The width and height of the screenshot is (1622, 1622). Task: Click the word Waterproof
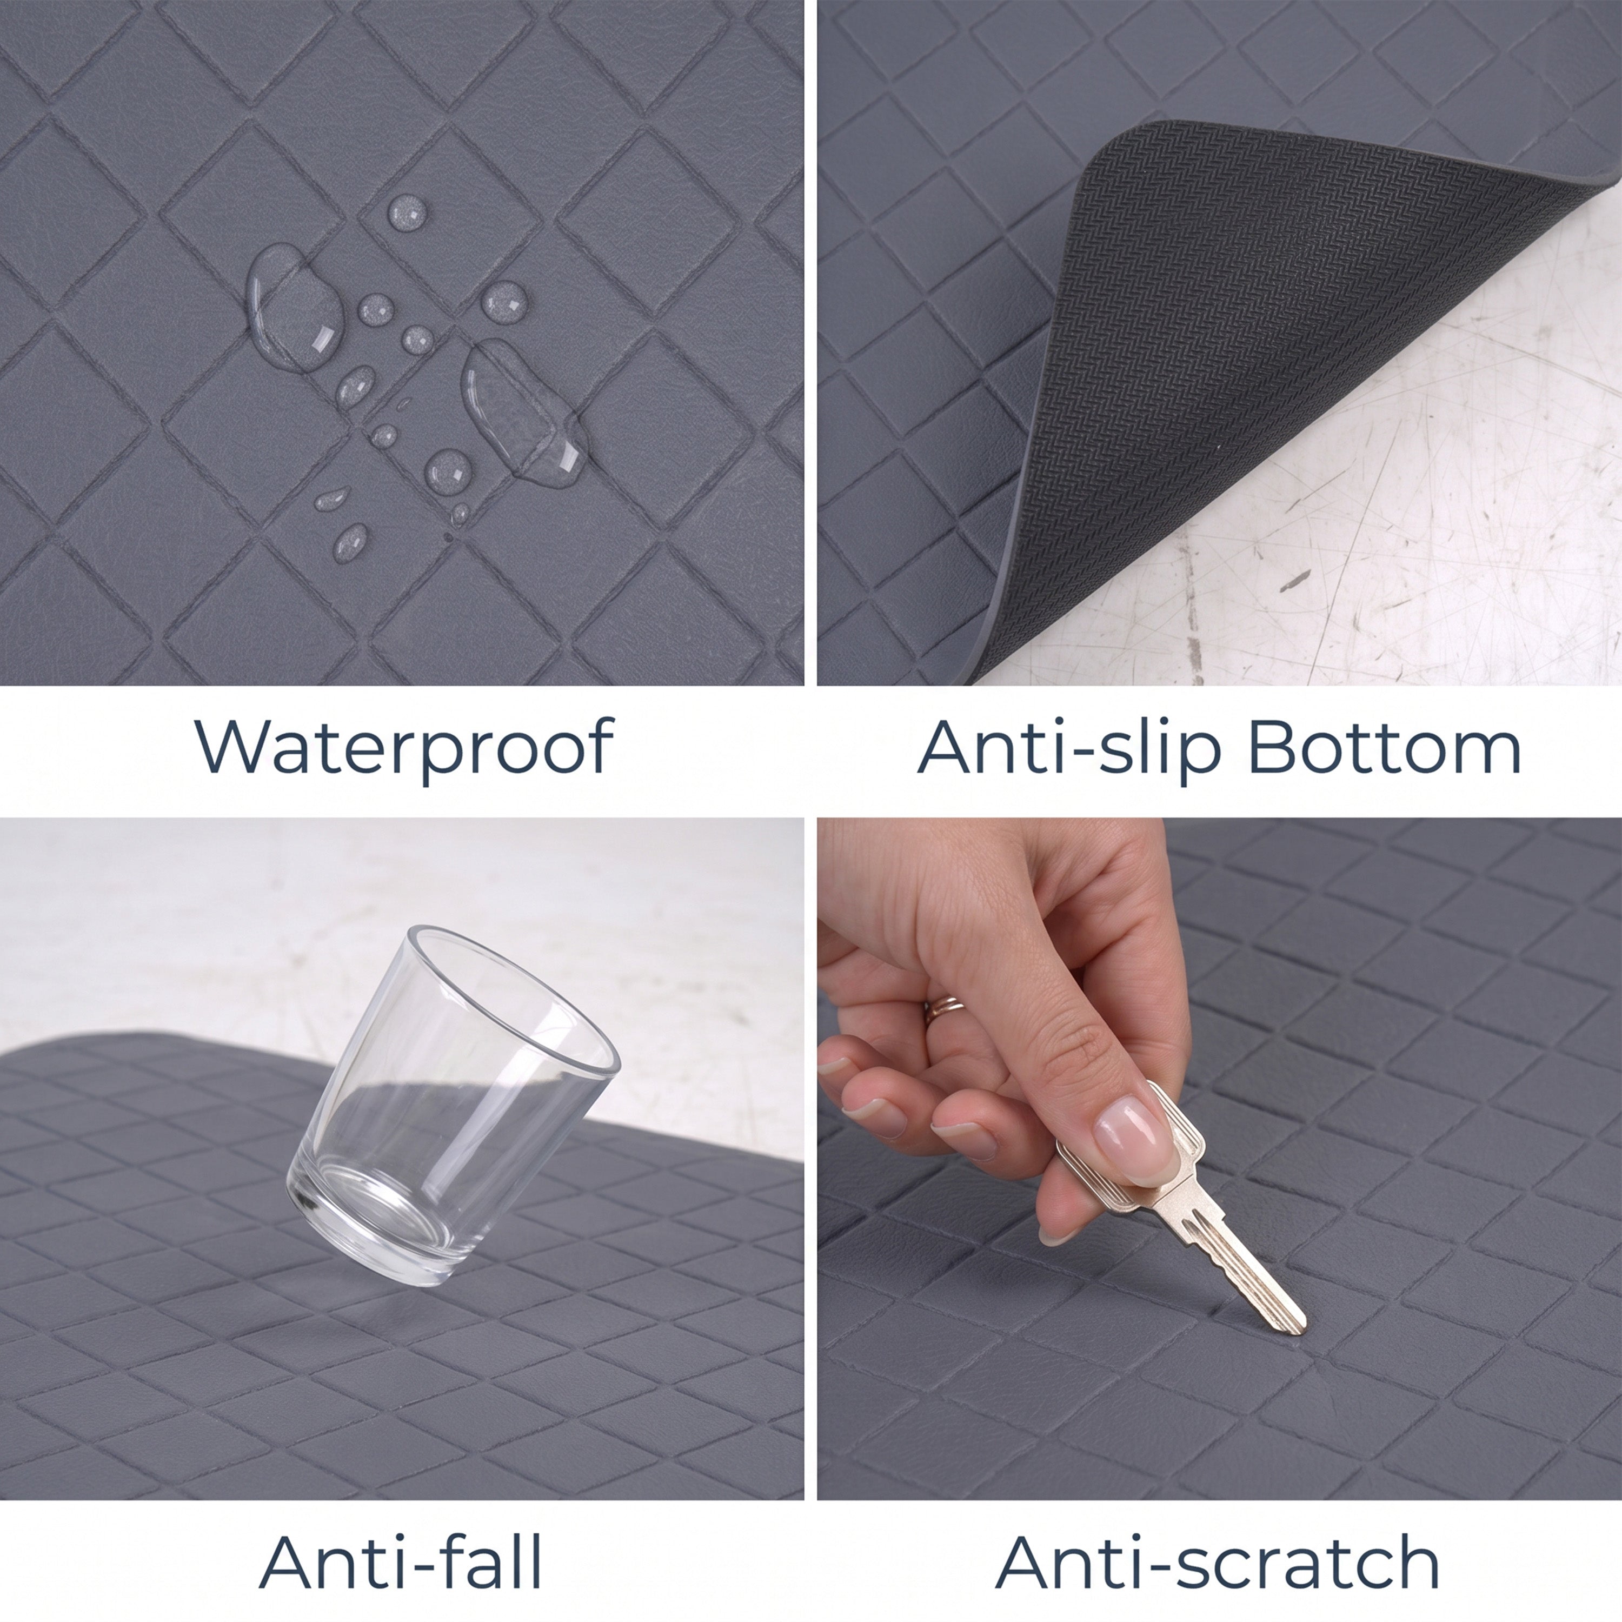(404, 746)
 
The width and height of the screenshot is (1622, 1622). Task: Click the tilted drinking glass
(454, 1108)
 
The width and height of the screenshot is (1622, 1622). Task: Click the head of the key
(1133, 1146)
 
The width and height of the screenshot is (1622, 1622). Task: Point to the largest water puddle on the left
(294, 309)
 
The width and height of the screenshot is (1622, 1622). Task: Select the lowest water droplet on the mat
(351, 542)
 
